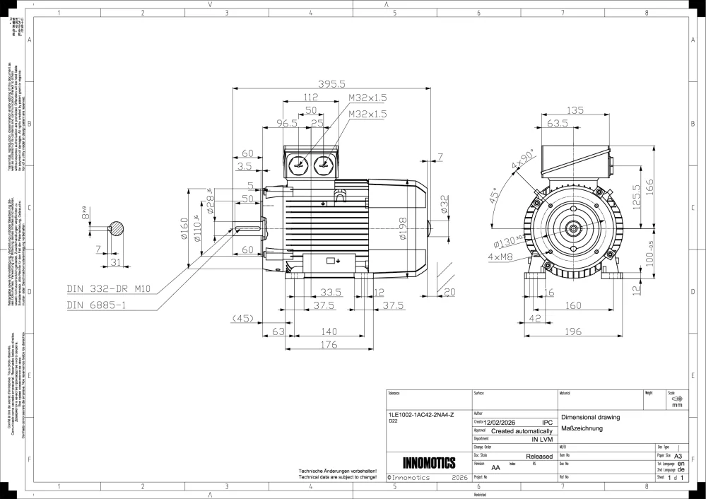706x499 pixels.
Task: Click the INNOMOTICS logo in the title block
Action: point(428,464)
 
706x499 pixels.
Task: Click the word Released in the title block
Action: point(539,457)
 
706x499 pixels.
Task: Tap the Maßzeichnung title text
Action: point(580,428)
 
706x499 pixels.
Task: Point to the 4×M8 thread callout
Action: point(500,257)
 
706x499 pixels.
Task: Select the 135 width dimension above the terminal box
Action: point(576,110)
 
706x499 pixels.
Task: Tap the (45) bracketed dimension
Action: point(243,318)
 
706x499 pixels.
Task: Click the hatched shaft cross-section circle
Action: point(116,228)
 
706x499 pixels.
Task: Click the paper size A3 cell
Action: point(678,457)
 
